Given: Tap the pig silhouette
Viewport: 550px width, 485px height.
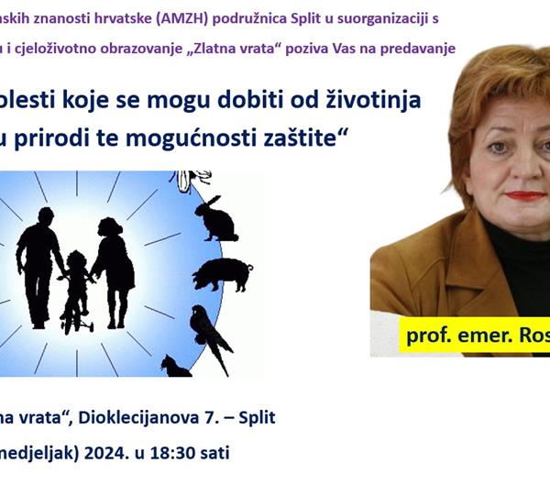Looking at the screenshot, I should [222, 273].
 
